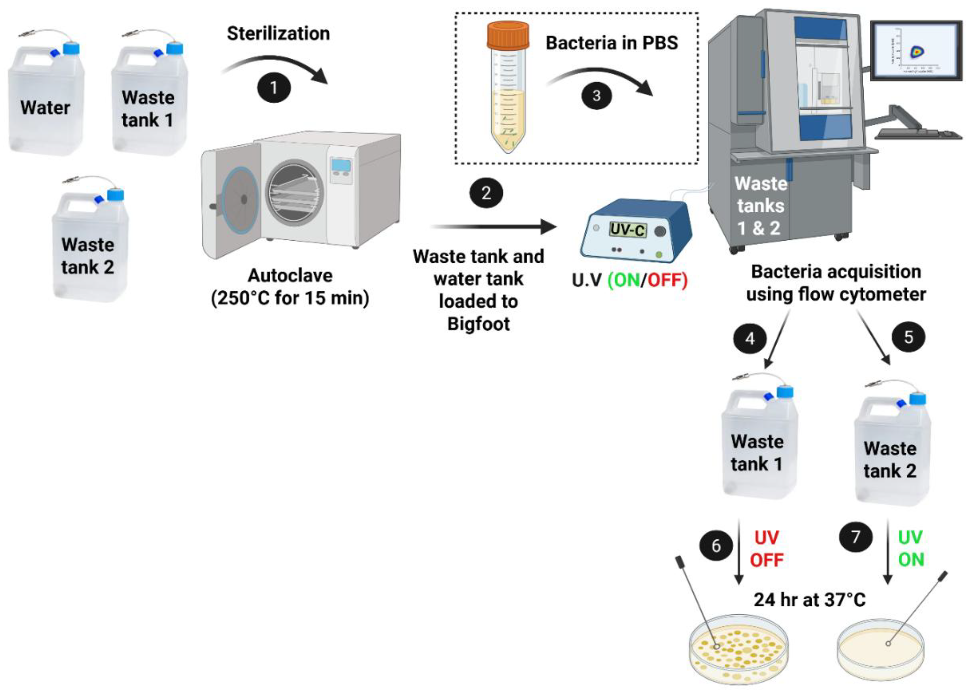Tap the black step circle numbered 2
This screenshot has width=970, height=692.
[x=486, y=193]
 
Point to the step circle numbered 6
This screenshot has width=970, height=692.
[x=716, y=546]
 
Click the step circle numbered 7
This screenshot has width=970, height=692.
[x=855, y=536]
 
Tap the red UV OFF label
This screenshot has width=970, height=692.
[x=766, y=549]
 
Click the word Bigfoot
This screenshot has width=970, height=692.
[x=478, y=324]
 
